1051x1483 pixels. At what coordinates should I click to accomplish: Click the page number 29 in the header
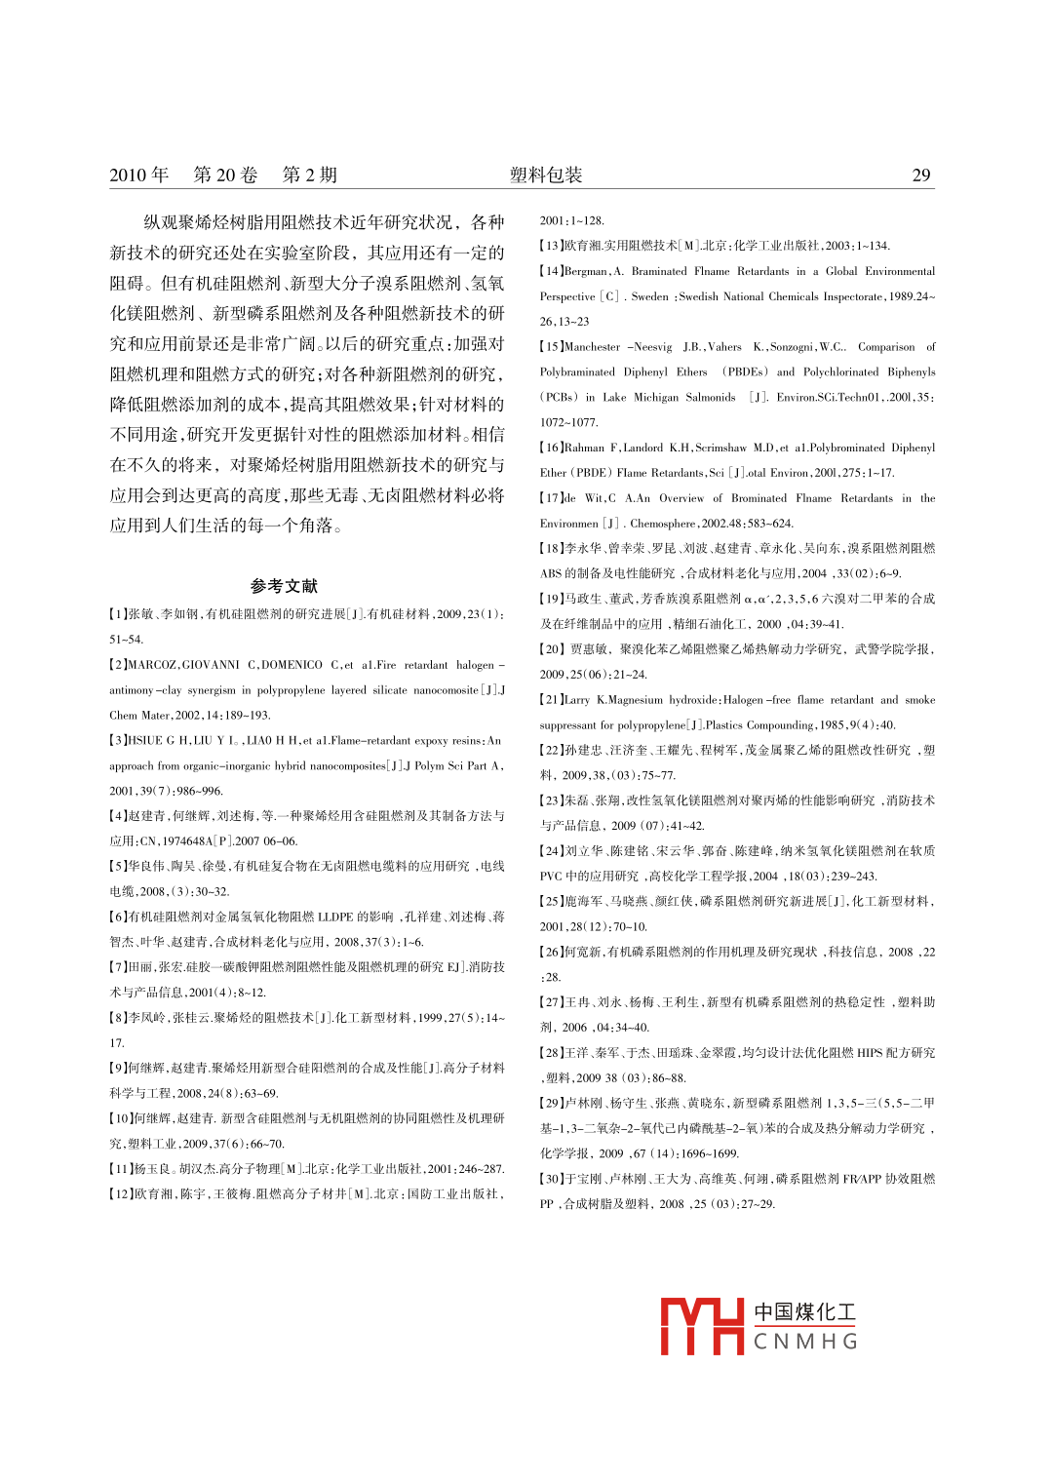point(921,176)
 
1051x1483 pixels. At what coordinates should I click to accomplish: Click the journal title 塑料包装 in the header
point(546,176)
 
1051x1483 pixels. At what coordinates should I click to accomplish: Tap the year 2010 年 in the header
point(138,176)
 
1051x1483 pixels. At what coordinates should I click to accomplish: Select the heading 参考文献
point(284,586)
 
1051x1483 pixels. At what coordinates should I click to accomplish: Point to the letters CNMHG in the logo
point(805,1343)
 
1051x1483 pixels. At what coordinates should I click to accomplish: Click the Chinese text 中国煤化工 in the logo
point(805,1312)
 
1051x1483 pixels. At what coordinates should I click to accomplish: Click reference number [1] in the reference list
point(118,614)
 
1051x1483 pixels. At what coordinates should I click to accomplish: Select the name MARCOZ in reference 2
point(152,665)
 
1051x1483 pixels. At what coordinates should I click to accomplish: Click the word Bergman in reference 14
point(587,271)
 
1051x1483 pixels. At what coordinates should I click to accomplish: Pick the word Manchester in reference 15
point(593,347)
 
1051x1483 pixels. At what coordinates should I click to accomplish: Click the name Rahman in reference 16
point(585,448)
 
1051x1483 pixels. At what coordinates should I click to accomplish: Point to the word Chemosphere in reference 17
point(664,524)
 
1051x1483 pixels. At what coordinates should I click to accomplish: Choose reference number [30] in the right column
point(552,1179)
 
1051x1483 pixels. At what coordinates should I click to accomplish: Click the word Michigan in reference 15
point(656,398)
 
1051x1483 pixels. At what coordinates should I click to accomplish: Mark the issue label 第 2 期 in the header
point(310,176)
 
